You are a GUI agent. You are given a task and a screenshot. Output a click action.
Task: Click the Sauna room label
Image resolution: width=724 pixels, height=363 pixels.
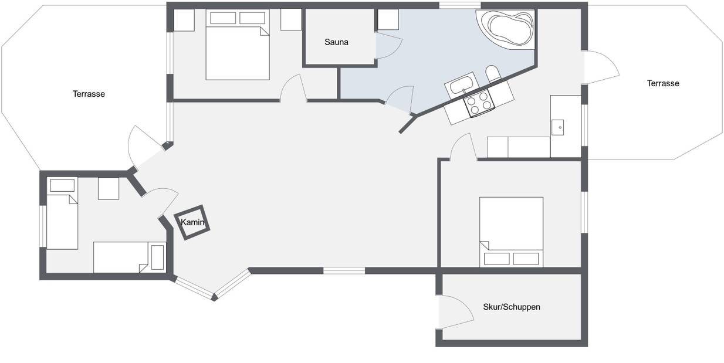point(336,42)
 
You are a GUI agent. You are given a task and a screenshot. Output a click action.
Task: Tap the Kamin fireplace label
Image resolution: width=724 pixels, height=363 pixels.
point(192,222)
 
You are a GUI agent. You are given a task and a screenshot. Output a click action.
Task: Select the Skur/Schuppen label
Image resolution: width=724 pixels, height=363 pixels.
point(512,307)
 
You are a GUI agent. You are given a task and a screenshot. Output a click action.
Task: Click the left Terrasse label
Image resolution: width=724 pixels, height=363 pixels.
point(89,94)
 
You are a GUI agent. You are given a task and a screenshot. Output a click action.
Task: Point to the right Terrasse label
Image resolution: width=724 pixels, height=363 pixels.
point(663,83)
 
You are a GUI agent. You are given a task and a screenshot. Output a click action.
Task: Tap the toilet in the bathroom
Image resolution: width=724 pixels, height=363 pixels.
point(493,74)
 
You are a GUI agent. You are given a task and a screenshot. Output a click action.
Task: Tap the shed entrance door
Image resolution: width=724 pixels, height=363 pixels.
point(455,312)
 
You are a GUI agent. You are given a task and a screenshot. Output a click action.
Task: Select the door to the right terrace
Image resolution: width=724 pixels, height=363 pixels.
point(601,67)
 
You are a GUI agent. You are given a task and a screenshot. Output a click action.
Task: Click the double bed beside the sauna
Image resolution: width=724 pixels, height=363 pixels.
point(238,45)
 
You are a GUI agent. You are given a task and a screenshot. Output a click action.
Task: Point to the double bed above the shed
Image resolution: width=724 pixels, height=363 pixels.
point(511,232)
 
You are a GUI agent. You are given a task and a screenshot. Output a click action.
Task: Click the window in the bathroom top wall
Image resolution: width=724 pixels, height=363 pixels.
point(459,5)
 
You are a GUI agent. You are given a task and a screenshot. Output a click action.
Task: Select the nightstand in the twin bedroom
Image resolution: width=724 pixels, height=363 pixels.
point(109,189)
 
